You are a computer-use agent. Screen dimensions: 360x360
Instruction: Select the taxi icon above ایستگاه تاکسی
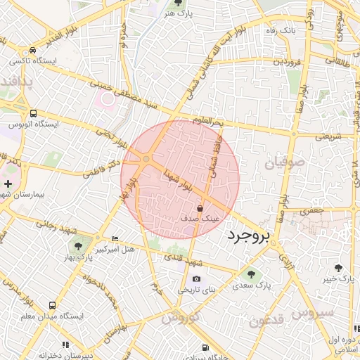tap(33, 51)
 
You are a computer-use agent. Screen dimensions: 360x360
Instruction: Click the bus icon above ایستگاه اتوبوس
tap(33, 113)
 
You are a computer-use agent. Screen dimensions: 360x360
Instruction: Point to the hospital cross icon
tap(8, 184)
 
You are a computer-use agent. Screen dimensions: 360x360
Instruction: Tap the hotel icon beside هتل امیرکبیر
tap(115, 239)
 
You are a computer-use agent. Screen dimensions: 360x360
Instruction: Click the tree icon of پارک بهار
tap(78, 246)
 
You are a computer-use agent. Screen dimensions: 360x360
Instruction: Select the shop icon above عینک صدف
tap(200, 208)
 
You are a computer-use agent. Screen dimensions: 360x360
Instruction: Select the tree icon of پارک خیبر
tap(339, 268)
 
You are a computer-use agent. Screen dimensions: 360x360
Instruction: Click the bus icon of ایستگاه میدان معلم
tap(52, 305)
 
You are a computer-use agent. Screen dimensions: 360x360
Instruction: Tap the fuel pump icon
tap(205, 347)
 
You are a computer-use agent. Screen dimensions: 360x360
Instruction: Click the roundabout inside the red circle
tap(146, 161)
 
